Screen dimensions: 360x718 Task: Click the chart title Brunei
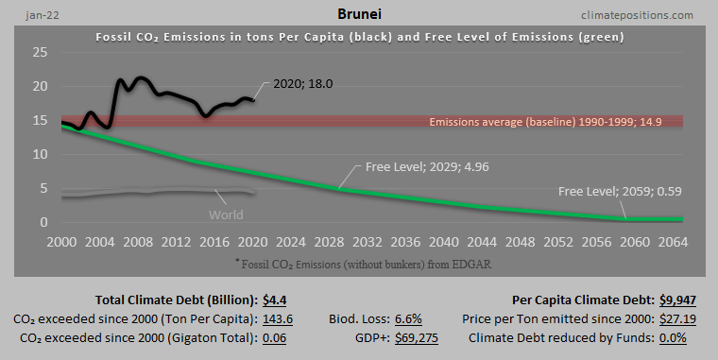point(358,15)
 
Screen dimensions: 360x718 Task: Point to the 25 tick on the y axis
point(41,53)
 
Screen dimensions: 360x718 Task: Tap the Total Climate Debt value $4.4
point(277,300)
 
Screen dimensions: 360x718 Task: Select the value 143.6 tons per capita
point(278,319)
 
